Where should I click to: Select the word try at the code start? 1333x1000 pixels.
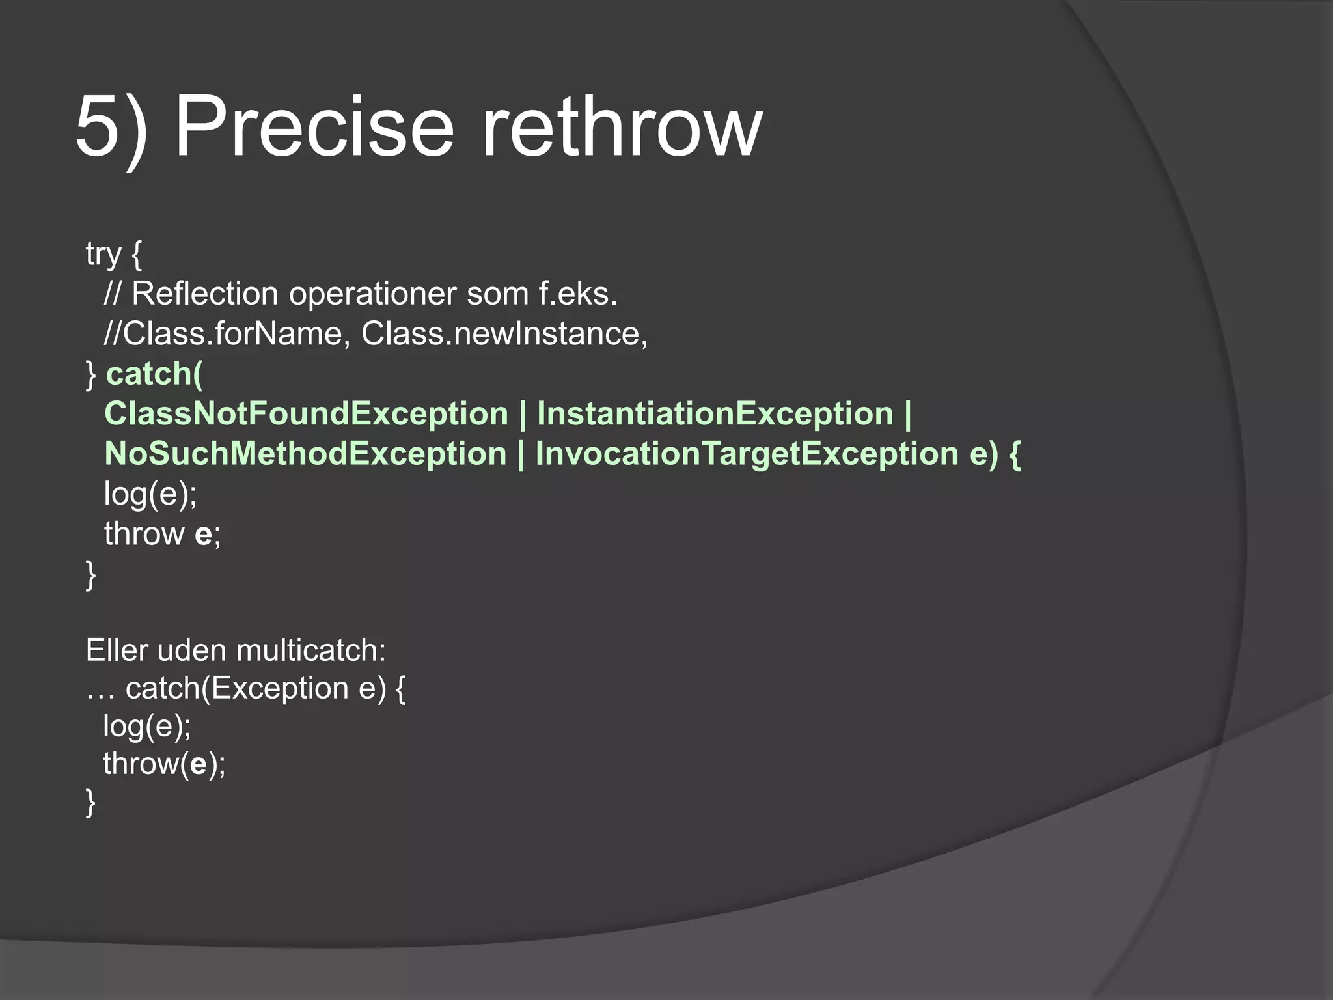tap(103, 254)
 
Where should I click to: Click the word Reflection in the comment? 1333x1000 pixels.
tap(205, 294)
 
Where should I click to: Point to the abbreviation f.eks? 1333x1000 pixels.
tap(577, 294)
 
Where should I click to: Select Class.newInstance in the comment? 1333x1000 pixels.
tap(504, 334)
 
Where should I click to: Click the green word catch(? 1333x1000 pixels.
tap(155, 374)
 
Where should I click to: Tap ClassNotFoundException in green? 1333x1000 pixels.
tap(306, 414)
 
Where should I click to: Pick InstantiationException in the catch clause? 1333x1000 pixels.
tap(715, 414)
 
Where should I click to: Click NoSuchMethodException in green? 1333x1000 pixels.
tap(305, 454)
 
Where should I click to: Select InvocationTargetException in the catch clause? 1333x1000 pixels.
tap(747, 454)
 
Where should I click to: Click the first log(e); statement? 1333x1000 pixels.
tap(150, 493)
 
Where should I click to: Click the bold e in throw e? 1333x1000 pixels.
tap(203, 535)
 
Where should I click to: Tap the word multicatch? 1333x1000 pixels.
tap(311, 650)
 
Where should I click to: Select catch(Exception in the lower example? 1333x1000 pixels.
tap(237, 689)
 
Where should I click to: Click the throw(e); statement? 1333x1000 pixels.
tap(164, 764)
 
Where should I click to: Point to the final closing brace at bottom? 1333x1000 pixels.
tap(90, 802)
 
